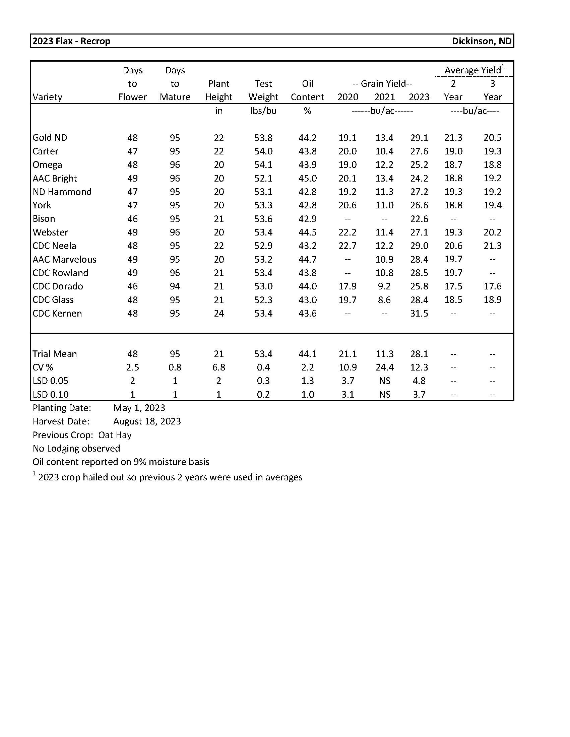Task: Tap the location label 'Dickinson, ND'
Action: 481,41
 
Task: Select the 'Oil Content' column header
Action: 307,90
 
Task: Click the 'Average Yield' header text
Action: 472,70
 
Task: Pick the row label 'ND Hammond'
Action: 62,192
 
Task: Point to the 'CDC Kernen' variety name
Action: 57,313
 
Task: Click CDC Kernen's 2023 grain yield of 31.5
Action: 419,313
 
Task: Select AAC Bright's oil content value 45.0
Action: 307,178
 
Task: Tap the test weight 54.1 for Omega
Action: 263,165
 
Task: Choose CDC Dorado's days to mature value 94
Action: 175,286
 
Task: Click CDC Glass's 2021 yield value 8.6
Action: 384,300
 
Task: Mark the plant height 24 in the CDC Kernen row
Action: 219,313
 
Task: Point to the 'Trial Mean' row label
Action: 55,354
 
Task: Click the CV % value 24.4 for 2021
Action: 384,367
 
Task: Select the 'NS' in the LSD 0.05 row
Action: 384,381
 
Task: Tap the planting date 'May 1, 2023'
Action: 139,408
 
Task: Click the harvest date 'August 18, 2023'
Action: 147,421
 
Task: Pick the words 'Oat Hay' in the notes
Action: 115,435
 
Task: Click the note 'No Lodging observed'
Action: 76,448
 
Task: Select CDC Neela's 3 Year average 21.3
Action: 492,246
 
